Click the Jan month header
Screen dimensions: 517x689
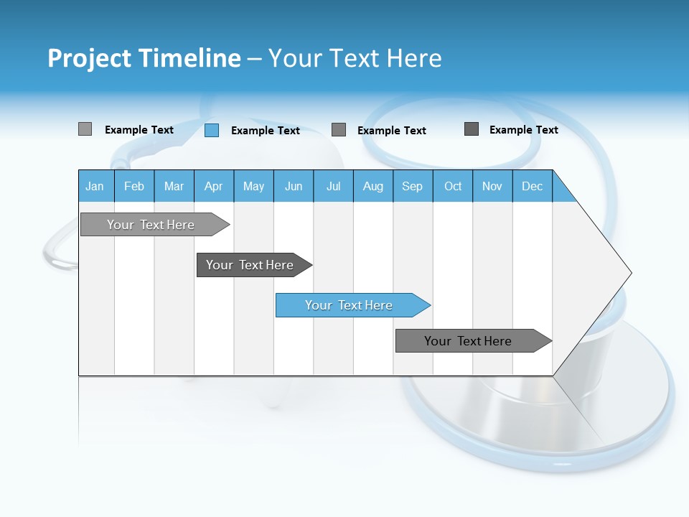coord(95,186)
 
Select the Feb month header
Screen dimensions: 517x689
coord(134,186)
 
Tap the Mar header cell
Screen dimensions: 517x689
coord(174,186)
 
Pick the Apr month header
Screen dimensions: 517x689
coord(214,186)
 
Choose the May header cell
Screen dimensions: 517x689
coord(253,186)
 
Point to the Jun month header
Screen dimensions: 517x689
coord(294,186)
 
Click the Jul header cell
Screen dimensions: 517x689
coord(333,186)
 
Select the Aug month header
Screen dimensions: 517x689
coord(373,186)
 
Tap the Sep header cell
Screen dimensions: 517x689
coord(413,186)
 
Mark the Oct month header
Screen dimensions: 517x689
coord(453,186)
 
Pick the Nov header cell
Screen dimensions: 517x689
coord(492,186)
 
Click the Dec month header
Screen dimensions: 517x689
coord(533,186)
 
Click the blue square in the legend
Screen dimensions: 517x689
coord(212,130)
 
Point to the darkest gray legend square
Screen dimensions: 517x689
coord(472,129)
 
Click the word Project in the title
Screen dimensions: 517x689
coord(89,58)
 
